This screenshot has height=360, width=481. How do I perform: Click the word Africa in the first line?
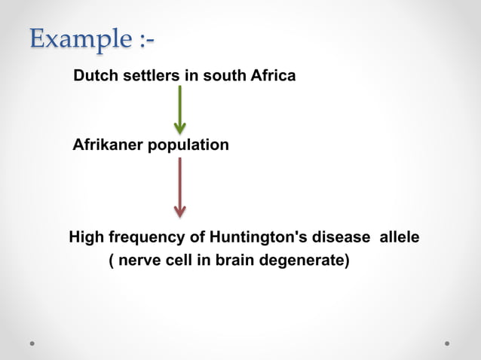pos(272,76)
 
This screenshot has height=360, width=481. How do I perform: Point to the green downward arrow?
pos(179,109)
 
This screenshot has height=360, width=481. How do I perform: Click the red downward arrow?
pos(179,186)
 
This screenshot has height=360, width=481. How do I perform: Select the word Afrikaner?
pos(106,145)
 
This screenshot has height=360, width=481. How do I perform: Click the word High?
pos(86,238)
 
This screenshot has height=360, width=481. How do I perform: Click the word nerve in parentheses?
pos(142,262)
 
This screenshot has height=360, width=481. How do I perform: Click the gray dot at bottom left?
pos(33,343)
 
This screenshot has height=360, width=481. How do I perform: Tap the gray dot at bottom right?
pos(447,343)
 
